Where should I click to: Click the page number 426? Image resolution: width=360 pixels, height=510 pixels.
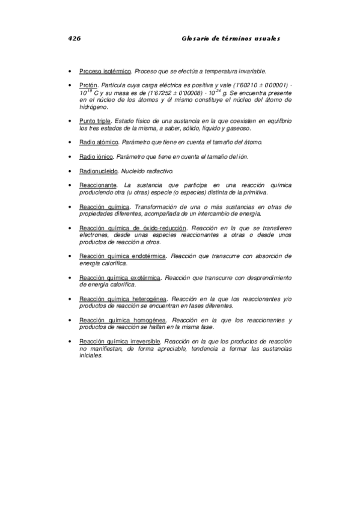(75, 38)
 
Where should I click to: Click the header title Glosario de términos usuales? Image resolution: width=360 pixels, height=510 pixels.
(231, 38)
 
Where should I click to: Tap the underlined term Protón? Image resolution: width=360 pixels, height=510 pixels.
(88, 85)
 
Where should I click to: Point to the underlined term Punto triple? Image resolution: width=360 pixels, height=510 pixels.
(95, 121)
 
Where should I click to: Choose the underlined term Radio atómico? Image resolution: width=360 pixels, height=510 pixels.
(99, 143)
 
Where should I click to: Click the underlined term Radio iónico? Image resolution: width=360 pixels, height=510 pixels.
(96, 157)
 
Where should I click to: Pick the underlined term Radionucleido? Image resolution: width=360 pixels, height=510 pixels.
(98, 171)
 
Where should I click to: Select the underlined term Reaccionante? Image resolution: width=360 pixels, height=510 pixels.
(98, 186)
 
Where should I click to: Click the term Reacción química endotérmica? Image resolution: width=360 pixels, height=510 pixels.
(123, 256)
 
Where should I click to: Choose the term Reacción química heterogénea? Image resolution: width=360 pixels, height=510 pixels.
(123, 299)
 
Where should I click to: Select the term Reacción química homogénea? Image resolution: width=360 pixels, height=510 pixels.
(123, 320)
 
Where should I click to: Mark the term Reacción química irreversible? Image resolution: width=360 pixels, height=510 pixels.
(120, 341)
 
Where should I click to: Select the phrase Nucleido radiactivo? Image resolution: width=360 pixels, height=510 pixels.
(147, 171)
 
